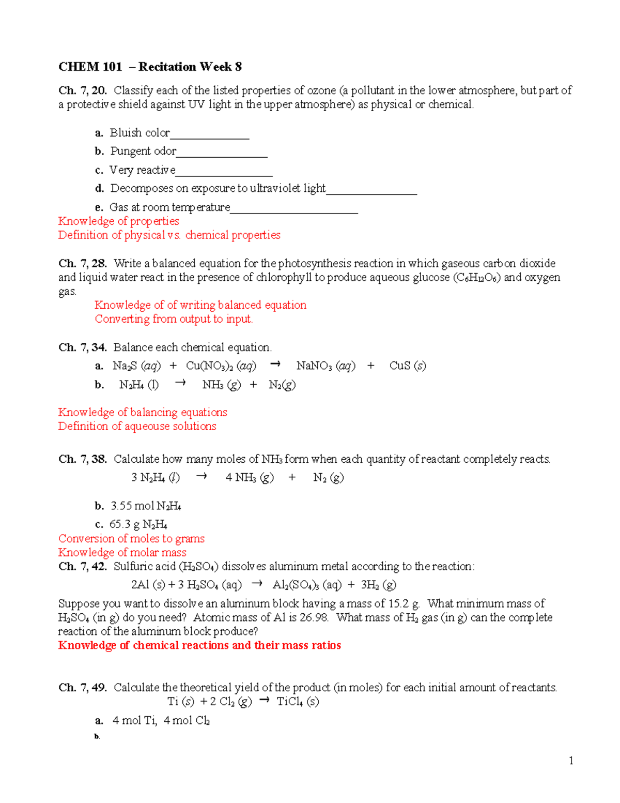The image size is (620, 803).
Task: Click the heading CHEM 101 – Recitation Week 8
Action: click(150, 67)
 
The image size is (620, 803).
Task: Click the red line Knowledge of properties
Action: click(118, 221)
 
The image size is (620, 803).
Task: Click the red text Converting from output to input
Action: click(174, 319)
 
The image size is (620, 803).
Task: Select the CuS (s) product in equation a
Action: click(408, 366)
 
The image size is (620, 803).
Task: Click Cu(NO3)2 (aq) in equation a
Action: click(221, 366)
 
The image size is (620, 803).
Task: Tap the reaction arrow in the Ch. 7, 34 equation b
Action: click(180, 384)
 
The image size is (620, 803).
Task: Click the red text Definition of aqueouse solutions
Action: click(137, 427)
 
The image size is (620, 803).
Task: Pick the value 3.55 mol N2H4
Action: click(146, 506)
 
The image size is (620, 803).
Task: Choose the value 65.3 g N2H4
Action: click(138, 525)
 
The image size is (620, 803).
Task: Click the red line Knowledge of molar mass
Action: click(122, 553)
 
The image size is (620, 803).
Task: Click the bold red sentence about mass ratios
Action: click(199, 645)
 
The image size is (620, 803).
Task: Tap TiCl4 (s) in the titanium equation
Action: click(298, 702)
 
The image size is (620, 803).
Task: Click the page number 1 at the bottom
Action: click(571, 761)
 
